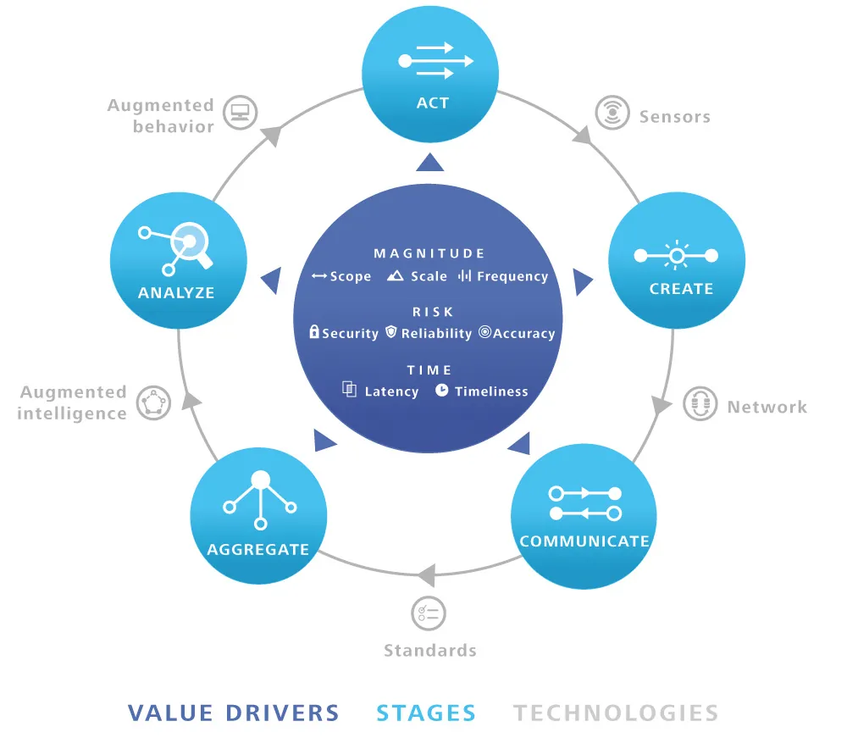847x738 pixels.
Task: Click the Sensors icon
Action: [612, 112]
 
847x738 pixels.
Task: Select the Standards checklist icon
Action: [429, 613]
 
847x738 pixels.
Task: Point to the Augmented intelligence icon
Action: [153, 402]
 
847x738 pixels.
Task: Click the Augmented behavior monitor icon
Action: [241, 112]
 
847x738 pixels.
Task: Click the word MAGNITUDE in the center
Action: [429, 253]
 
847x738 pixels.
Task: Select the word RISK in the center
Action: [433, 312]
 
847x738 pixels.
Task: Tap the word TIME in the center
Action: [429, 370]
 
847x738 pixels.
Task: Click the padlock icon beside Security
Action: [314, 332]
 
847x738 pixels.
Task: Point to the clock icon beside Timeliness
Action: [442, 391]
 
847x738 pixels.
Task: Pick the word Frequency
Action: [512, 276]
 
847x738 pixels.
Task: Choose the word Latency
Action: [391, 391]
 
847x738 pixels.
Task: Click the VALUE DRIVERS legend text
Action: [234, 713]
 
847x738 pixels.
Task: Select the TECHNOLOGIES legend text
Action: [616, 713]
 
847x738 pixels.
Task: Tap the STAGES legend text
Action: [426, 713]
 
